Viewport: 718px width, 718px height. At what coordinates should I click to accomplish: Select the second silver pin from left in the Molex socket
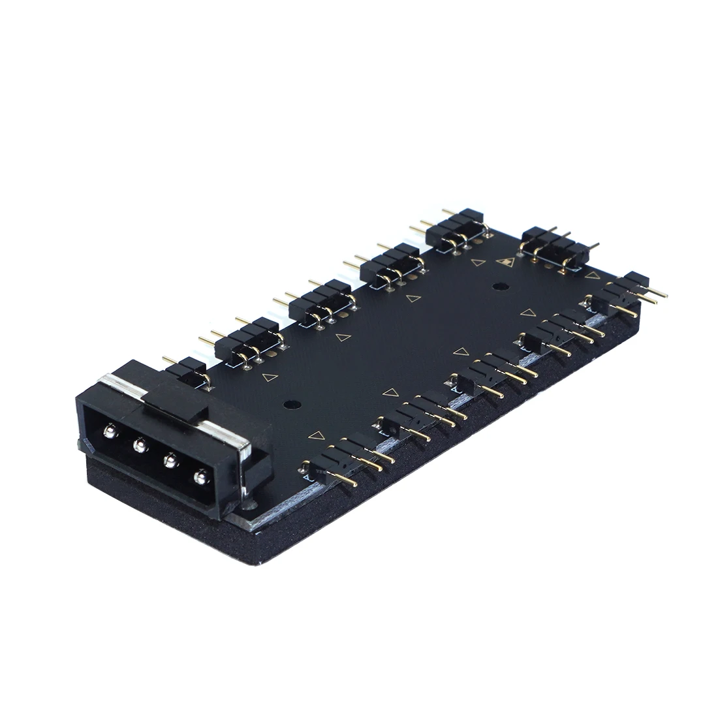138,446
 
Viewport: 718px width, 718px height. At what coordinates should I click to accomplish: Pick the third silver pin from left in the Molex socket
169,461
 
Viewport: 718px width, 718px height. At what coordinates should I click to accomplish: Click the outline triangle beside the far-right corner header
592,276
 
